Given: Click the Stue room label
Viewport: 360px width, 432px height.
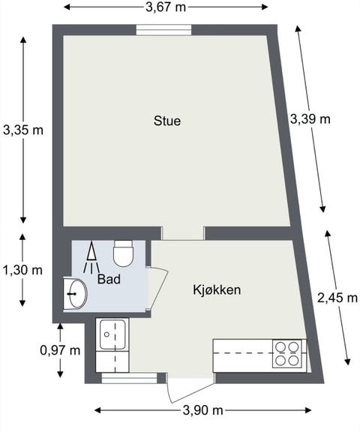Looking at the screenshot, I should [166, 120].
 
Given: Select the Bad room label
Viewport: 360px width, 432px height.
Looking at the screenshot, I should [109, 278].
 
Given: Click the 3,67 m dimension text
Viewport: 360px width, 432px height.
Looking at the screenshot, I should [166, 7].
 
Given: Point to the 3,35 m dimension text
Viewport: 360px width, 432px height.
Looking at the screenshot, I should [23, 129].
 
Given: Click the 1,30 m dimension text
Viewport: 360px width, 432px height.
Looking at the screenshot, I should [23, 269].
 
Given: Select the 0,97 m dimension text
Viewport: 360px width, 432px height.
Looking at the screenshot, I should [60, 349].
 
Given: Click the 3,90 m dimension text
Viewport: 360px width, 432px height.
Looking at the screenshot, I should [202, 410].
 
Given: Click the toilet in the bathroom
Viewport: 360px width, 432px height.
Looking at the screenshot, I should [123, 253].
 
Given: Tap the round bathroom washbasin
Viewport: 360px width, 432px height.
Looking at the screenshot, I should [76, 292].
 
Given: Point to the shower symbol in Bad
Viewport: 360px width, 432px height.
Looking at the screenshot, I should [91, 258].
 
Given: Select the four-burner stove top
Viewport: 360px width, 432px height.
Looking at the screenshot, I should [289, 353].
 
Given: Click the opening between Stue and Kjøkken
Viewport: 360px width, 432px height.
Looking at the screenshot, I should [183, 233].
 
